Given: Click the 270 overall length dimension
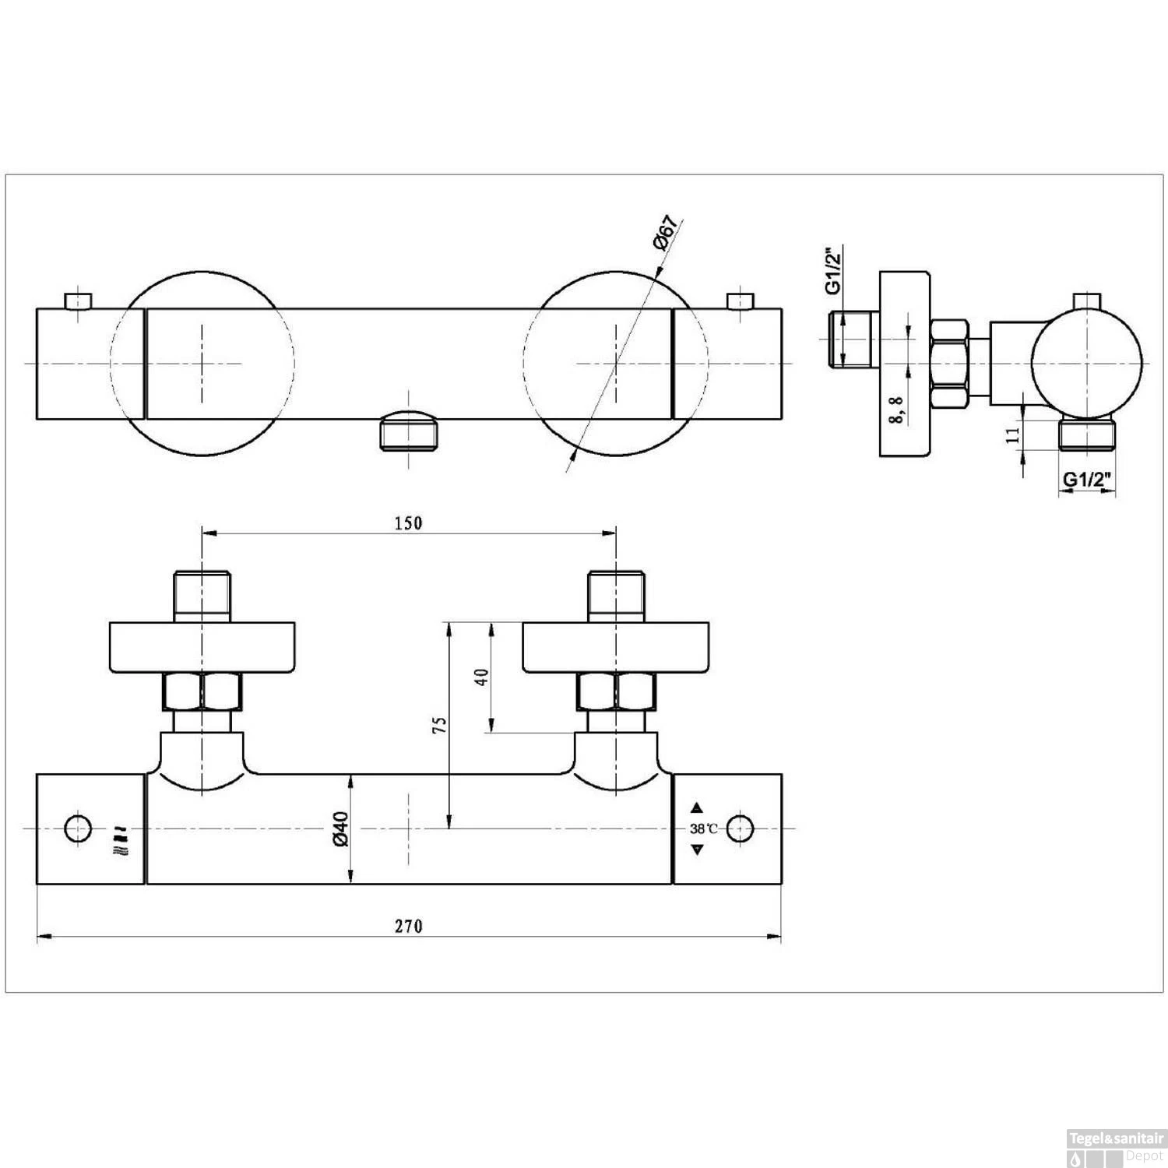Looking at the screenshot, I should tap(408, 926).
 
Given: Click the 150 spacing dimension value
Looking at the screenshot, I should tap(408, 522).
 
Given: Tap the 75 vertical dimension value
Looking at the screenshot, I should tap(440, 724).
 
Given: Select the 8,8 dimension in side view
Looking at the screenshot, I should tap(898, 408).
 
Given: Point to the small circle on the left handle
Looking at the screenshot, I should tap(77, 829).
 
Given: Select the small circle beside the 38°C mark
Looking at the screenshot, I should tap(741, 829).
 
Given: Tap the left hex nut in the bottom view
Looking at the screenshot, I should tap(202, 691).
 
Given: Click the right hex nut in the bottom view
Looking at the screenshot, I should tap(615, 691).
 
